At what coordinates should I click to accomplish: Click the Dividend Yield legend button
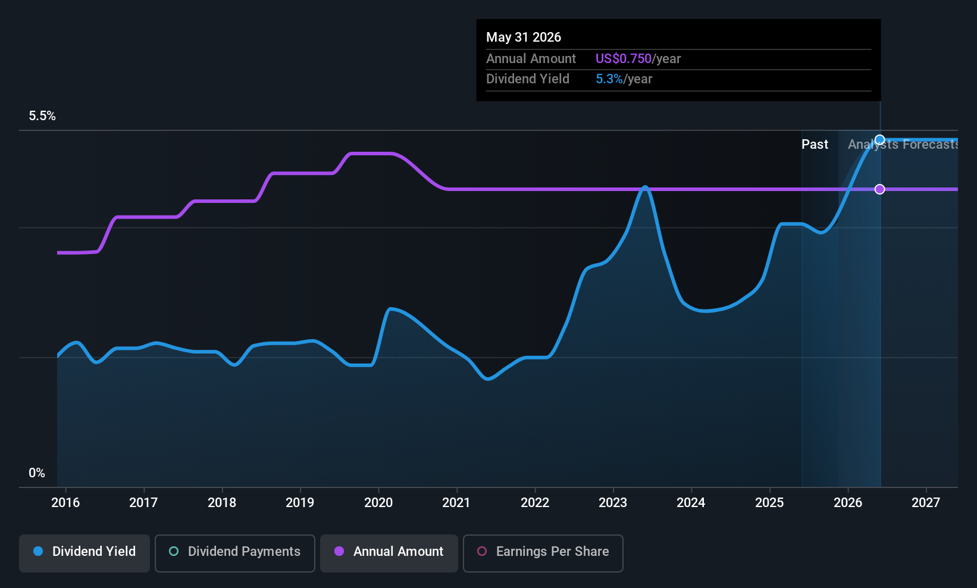[84, 552]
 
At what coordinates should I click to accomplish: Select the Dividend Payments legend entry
[235, 552]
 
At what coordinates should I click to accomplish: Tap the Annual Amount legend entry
[389, 552]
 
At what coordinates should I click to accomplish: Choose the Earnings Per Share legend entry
[543, 552]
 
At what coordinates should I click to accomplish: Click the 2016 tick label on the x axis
[65, 503]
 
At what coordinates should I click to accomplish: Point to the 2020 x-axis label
[378, 503]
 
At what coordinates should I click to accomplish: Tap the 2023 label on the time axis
[613, 503]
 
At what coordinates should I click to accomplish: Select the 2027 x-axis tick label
[926, 503]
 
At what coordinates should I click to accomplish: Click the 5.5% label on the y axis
[42, 116]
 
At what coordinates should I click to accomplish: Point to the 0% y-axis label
[37, 473]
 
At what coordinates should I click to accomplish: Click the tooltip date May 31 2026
[524, 37]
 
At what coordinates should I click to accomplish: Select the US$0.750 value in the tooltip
[624, 59]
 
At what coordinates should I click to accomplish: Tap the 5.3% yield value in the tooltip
[609, 79]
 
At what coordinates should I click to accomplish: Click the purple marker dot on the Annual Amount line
[880, 189]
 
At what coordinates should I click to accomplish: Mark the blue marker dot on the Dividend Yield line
[880, 140]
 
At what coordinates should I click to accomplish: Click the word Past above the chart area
[815, 145]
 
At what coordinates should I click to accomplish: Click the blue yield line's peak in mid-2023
[645, 187]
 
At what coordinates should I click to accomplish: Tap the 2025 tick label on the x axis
[769, 503]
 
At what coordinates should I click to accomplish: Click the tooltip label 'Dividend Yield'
[528, 79]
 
